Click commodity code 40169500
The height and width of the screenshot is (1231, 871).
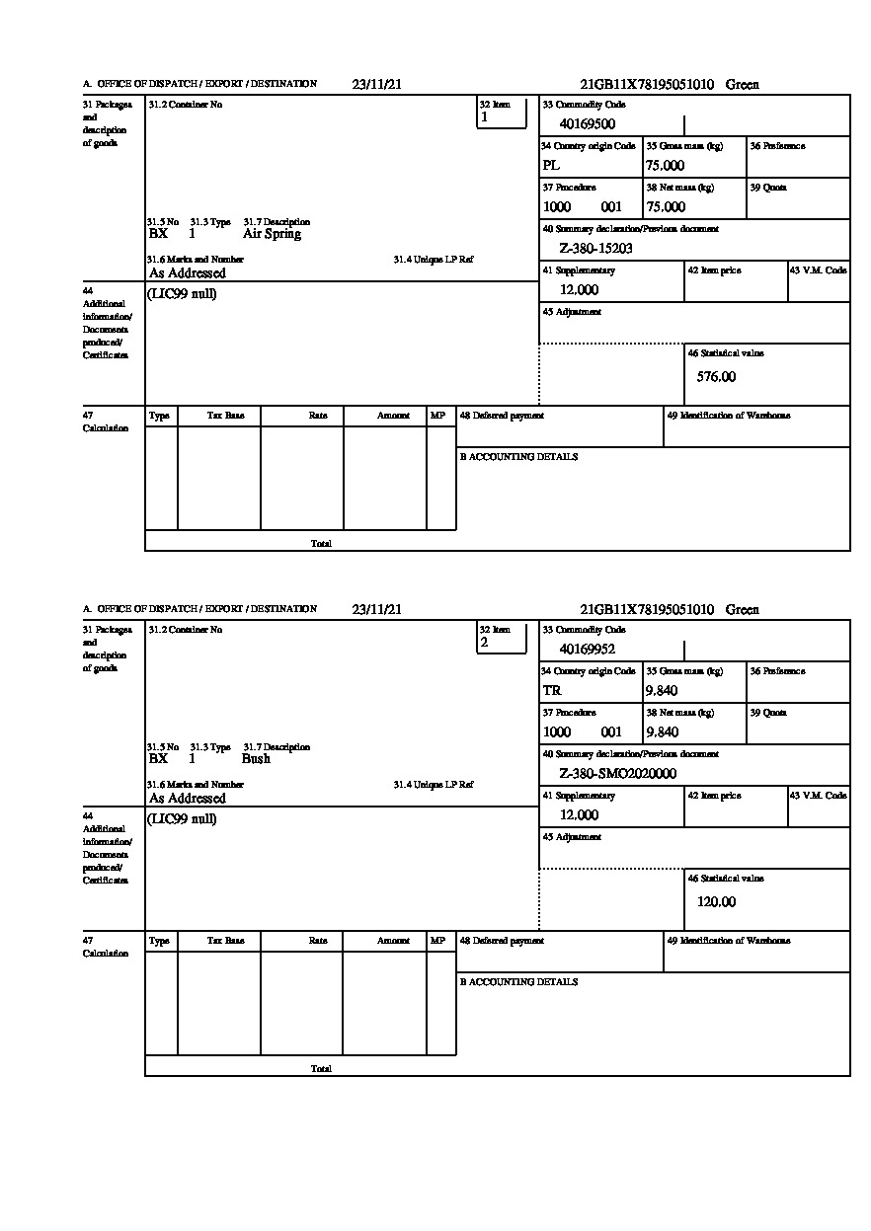point(587,124)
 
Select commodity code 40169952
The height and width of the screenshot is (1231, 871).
point(587,650)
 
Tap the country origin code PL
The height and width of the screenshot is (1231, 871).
point(551,166)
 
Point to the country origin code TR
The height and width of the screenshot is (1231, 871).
point(552,691)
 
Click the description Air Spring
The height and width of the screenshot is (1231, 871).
point(272,234)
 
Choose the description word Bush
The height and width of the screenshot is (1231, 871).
point(256,759)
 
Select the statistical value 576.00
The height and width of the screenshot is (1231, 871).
point(716,377)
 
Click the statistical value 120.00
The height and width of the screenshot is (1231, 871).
point(716,902)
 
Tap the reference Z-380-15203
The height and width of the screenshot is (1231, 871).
point(595,249)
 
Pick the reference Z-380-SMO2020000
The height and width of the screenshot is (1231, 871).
point(617,774)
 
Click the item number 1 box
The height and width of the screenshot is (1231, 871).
point(502,113)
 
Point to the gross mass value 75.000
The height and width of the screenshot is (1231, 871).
point(665,166)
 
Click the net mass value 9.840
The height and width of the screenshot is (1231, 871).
point(662,732)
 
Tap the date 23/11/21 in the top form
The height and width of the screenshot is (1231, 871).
point(376,85)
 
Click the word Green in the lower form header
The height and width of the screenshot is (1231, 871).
point(742,610)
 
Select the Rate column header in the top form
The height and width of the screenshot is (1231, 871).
point(317,416)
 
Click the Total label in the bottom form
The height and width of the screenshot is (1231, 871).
point(321,1069)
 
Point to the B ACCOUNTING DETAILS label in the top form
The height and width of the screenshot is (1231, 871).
point(518,457)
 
